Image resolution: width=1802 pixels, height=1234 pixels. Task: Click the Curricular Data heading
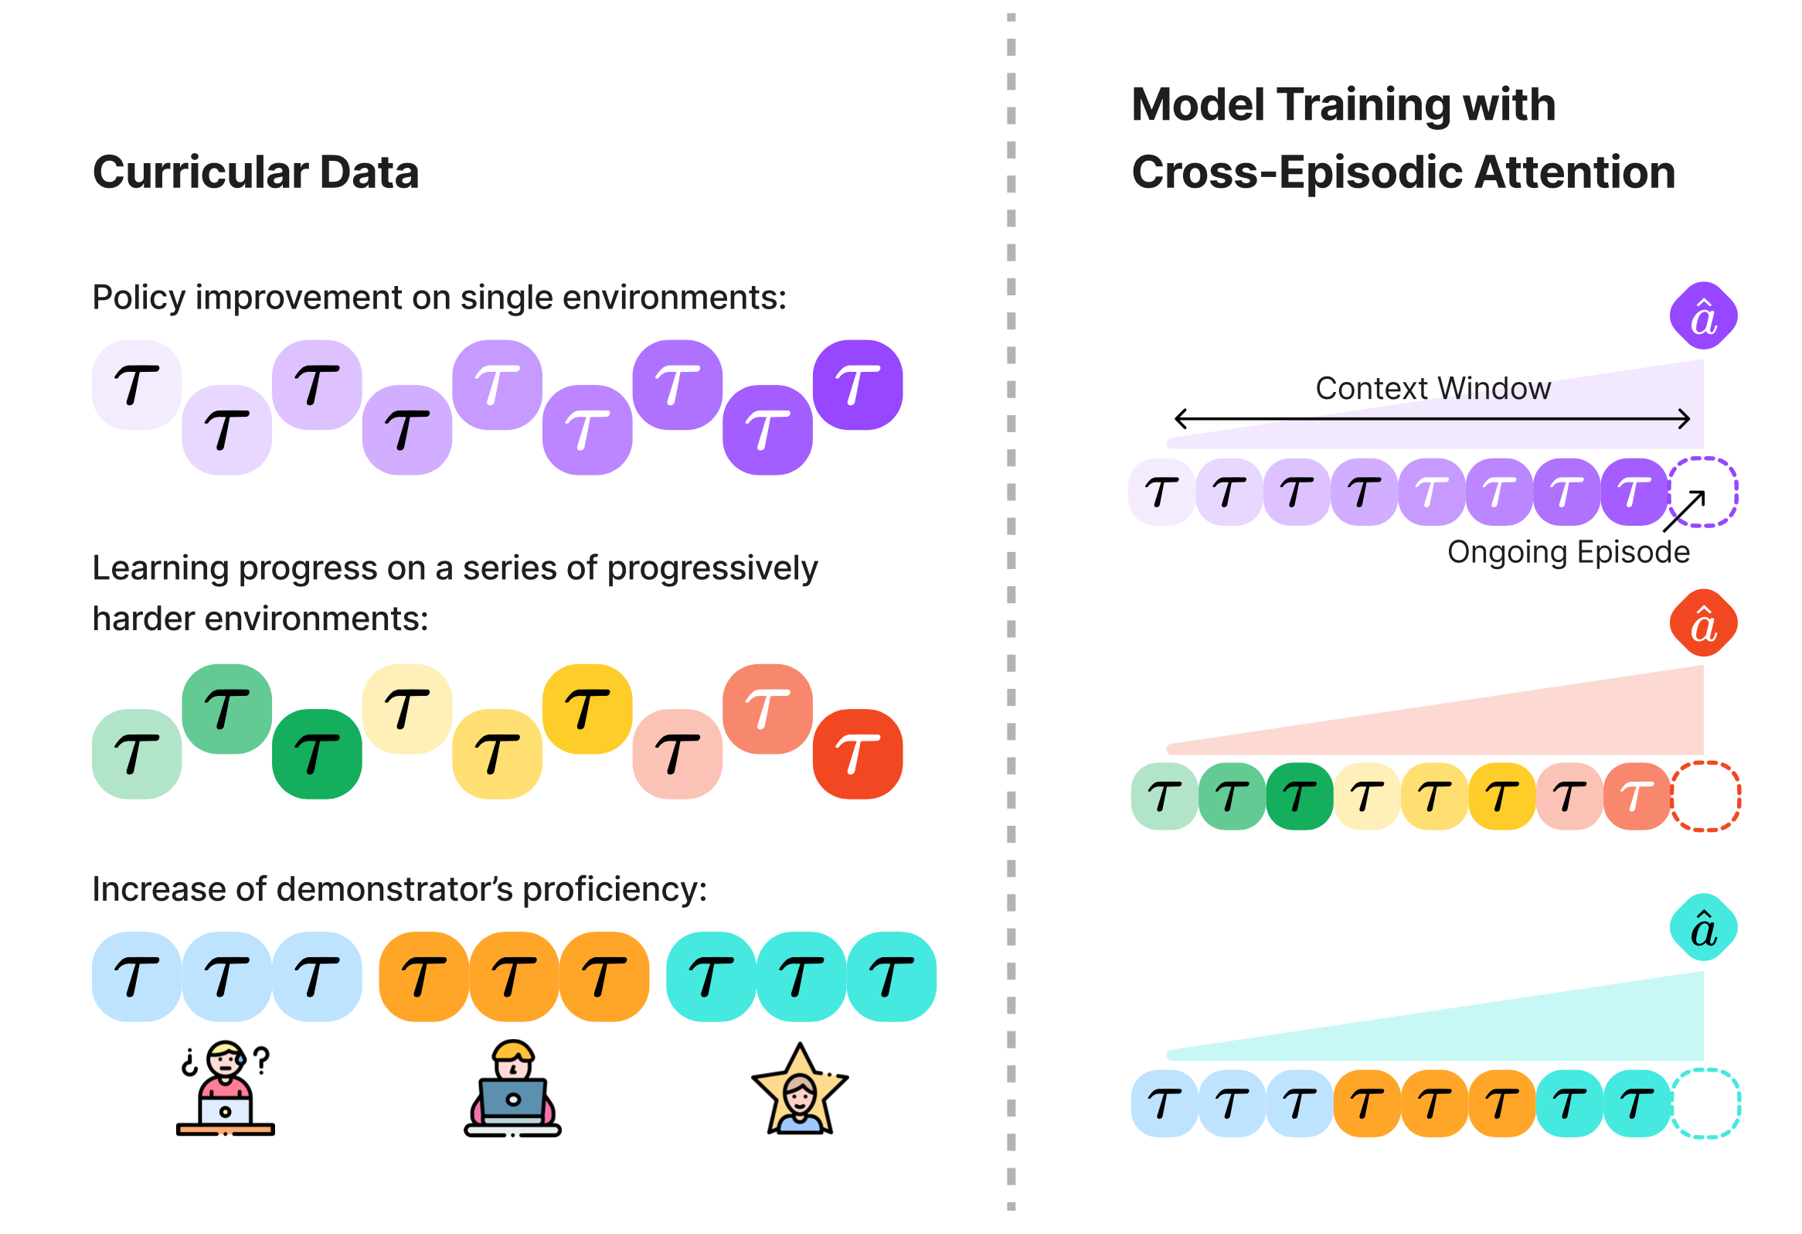[255, 172]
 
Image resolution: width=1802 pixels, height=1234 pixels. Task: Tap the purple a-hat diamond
[1703, 315]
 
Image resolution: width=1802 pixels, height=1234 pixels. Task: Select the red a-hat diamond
[1703, 623]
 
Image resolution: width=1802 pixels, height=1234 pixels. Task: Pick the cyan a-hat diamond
[1703, 928]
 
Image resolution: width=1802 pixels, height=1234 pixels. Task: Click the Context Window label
[1433, 388]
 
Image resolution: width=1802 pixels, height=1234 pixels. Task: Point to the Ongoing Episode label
[1568, 552]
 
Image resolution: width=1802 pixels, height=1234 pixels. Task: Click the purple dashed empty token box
[1703, 493]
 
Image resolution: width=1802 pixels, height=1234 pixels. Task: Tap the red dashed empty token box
[1705, 796]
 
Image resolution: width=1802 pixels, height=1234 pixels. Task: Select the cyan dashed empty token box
[1705, 1103]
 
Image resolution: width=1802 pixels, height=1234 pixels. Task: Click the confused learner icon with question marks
[225, 1088]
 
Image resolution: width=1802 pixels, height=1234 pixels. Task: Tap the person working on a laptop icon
[512, 1088]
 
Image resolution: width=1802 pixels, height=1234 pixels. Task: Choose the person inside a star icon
[800, 1089]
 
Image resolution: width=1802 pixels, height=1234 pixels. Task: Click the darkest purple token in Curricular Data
[857, 385]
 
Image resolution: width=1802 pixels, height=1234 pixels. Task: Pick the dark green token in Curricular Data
[316, 754]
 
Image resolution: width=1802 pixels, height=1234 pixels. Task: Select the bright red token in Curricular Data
[857, 754]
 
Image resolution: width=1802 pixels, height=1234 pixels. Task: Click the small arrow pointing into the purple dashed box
[1684, 511]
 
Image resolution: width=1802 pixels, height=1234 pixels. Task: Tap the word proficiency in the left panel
[614, 889]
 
